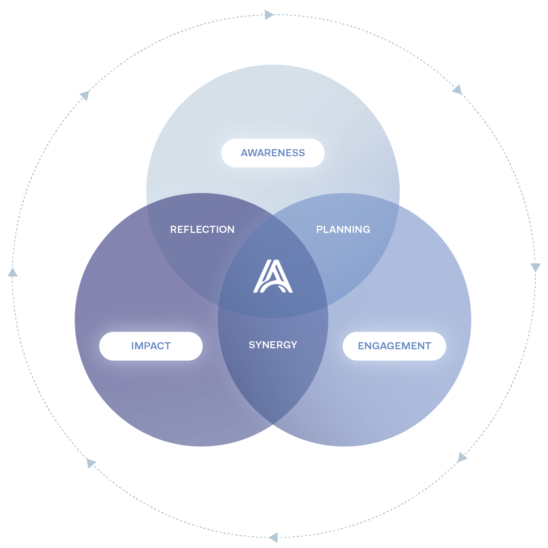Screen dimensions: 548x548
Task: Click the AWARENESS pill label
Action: tap(273, 153)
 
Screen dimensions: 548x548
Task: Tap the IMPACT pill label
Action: tap(151, 346)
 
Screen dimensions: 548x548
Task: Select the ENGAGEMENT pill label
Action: tap(394, 346)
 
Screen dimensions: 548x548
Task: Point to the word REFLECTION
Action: tap(202, 229)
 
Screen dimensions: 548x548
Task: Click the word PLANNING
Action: tap(343, 229)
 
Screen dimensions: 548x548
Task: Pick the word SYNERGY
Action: tap(273, 345)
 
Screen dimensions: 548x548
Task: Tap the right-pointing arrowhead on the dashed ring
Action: tap(269, 15)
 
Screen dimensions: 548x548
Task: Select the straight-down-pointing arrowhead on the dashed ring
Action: tap(535, 268)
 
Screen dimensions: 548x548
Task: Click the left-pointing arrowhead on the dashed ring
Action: tap(274, 537)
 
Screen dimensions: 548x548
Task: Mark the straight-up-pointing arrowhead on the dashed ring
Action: tap(12, 272)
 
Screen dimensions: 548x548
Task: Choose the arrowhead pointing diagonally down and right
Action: tap(457, 90)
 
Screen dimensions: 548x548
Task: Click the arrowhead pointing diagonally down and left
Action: tap(462, 457)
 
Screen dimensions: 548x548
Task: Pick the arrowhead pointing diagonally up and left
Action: tap(91, 463)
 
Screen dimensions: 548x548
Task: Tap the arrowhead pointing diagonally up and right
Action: tap(85, 95)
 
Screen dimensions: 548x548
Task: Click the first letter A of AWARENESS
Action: tap(244, 153)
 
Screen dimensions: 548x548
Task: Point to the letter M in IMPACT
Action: tap(139, 346)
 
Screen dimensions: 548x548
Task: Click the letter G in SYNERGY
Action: tap(287, 345)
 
